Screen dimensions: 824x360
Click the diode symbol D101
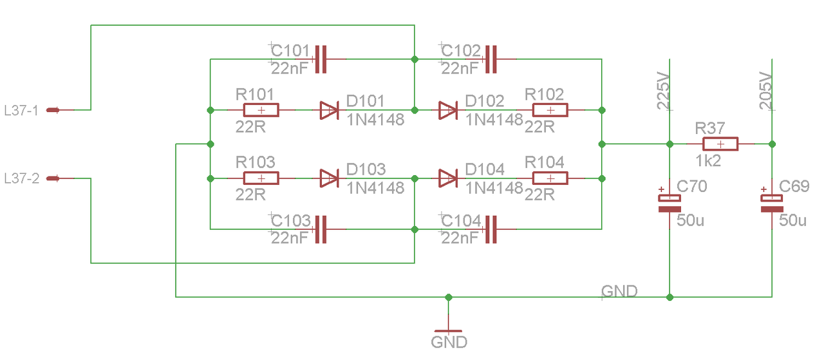[329, 110]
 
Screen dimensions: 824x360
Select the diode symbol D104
[448, 178]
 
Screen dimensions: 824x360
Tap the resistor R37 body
[720, 144]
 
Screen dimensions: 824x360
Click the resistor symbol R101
[261, 110]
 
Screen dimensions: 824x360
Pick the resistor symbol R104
[550, 178]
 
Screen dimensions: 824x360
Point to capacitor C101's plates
[321, 59]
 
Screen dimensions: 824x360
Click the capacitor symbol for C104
[491, 229]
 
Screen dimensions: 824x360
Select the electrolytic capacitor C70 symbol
[669, 204]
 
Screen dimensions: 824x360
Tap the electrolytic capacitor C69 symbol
[772, 204]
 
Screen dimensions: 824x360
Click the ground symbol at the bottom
[449, 331]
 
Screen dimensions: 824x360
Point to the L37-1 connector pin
[53, 109]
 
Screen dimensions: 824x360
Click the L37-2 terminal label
[21, 178]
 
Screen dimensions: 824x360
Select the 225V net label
[663, 91]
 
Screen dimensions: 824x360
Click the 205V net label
[765, 91]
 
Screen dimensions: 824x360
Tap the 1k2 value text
[707, 161]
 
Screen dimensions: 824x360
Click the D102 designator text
[485, 101]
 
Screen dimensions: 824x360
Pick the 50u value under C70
[690, 220]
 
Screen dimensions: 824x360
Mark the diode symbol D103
[329, 178]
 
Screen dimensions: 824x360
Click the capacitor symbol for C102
[491, 59]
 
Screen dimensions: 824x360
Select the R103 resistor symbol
[261, 178]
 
